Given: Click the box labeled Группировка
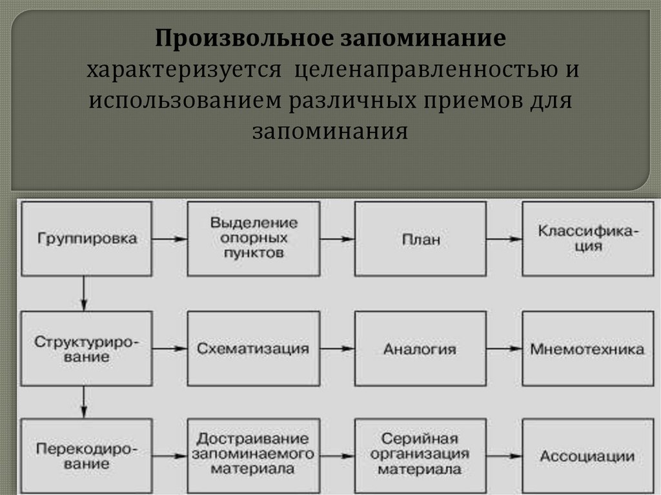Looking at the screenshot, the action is point(86,238).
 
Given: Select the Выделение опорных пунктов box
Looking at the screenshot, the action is point(254,238).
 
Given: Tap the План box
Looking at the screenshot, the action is point(421,239).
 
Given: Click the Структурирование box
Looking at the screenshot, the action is point(86,349).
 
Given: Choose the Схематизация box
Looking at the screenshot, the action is point(254,349).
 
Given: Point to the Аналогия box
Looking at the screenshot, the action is point(421,349).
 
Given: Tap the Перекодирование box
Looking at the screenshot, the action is point(86,456).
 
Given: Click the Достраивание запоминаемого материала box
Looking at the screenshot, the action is point(254,456).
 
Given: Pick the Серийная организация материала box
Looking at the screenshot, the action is point(421,456).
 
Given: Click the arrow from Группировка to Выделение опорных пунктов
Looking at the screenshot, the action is point(170,239).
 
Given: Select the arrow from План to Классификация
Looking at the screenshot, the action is point(504,239).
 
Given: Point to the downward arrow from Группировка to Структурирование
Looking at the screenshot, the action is point(84,293).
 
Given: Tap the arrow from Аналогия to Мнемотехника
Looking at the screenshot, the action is point(504,349).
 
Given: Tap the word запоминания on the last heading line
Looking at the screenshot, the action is point(330,132).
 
